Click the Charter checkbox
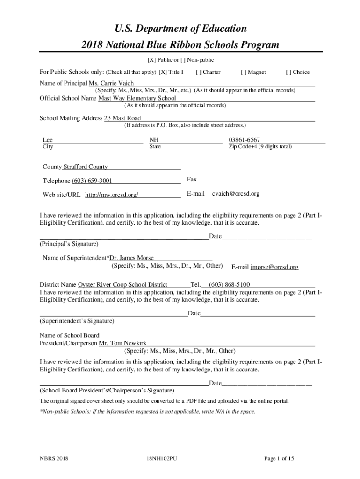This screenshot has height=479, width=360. click(x=199, y=72)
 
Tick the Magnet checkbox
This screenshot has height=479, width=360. click(x=244, y=72)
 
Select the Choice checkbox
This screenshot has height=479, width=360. click(x=288, y=72)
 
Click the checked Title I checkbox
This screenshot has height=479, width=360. click(x=162, y=72)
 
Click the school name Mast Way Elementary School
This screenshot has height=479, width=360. click(x=137, y=98)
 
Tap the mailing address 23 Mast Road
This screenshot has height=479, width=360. click(x=122, y=118)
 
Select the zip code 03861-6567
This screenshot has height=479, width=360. click(x=244, y=140)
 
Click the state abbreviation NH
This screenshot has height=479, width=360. click(x=154, y=140)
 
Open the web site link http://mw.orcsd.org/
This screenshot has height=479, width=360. click(x=111, y=195)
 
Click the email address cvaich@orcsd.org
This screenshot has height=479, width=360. click(x=236, y=193)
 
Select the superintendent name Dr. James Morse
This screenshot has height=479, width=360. click(x=131, y=258)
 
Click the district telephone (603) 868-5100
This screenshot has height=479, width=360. click(x=229, y=284)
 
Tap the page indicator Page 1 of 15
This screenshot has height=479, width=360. click(x=279, y=459)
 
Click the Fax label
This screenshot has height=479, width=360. click(x=192, y=180)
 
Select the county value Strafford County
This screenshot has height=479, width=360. click(x=85, y=167)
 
